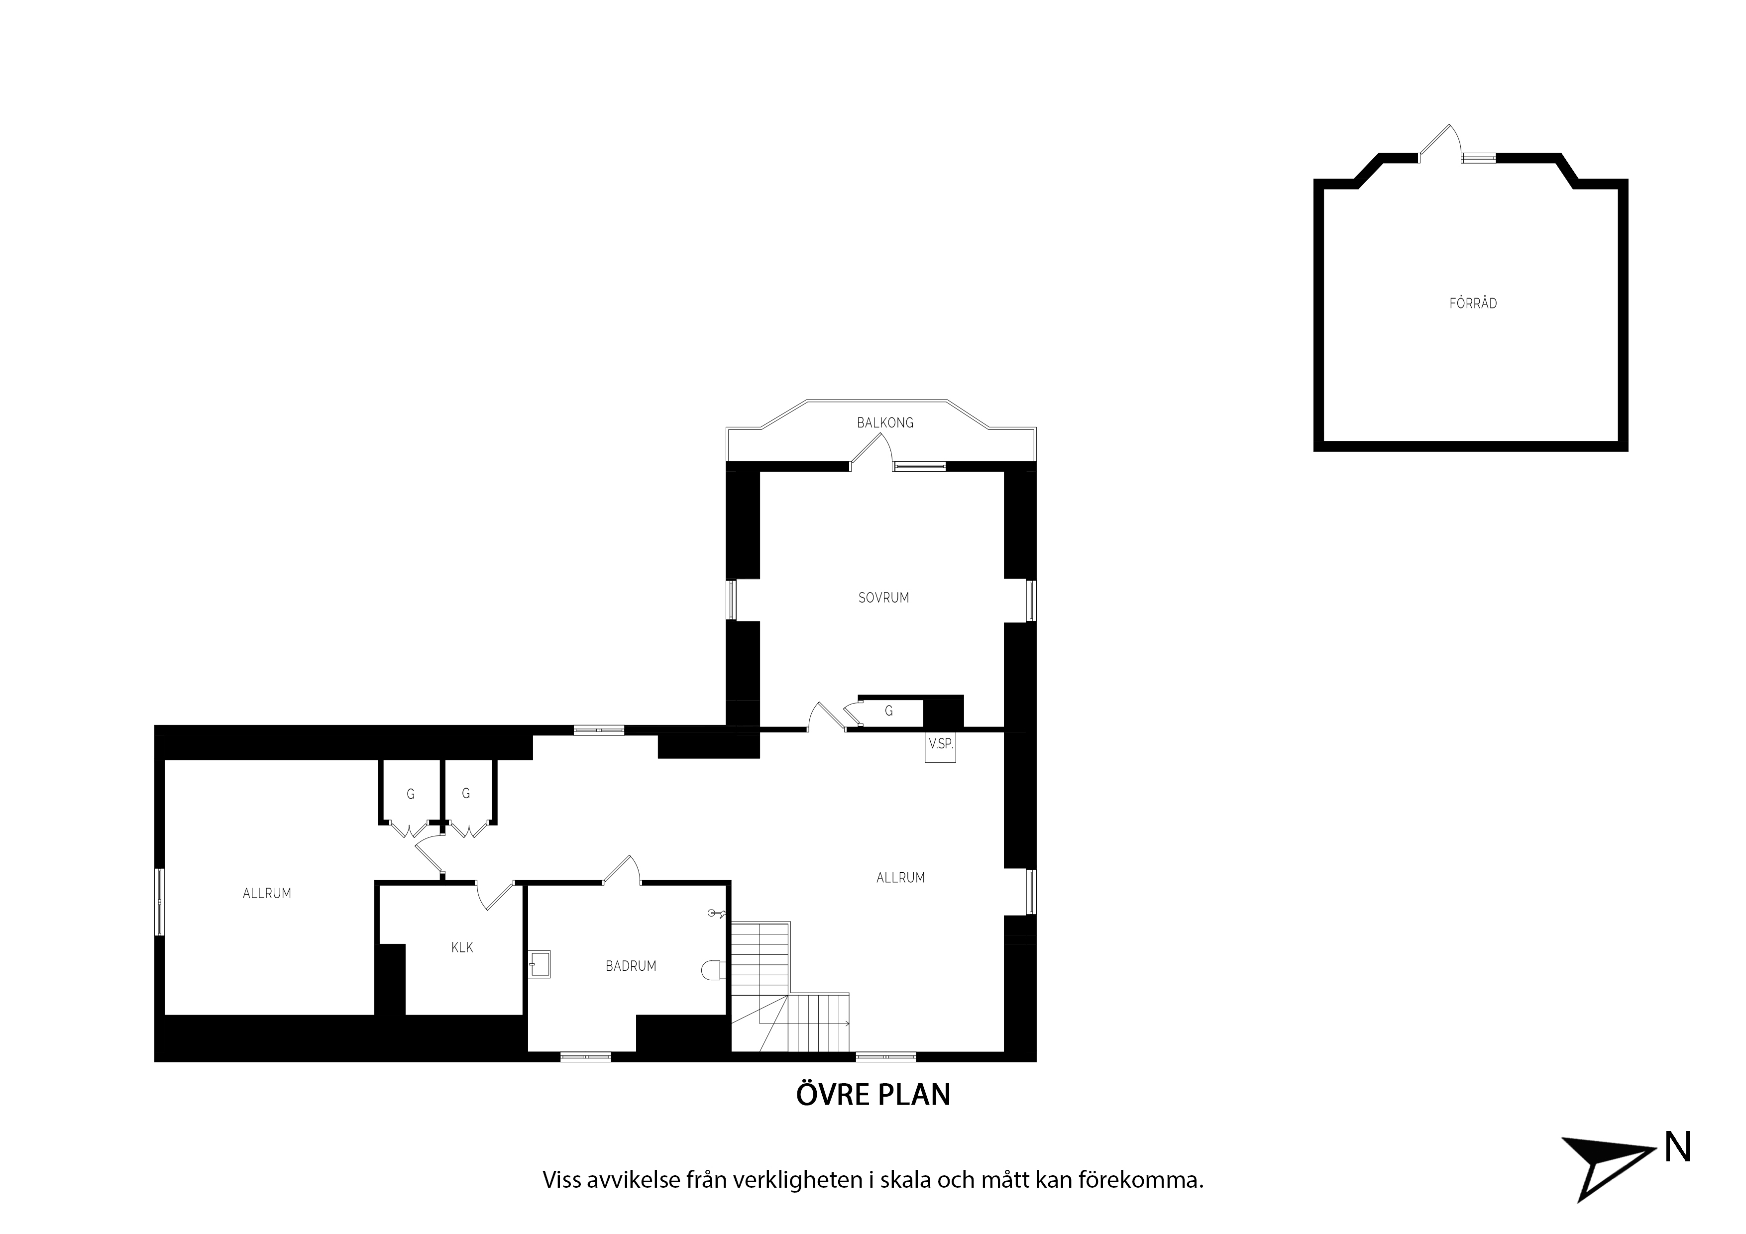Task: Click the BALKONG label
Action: pyautogui.click(x=884, y=423)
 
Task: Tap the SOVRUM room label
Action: pyautogui.click(x=883, y=598)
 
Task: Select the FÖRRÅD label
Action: pyautogui.click(x=1473, y=304)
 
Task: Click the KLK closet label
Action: pyautogui.click(x=462, y=947)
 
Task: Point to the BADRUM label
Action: pyautogui.click(x=631, y=966)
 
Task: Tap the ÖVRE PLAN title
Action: pyautogui.click(x=873, y=1094)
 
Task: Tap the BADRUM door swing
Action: pyautogui.click(x=623, y=869)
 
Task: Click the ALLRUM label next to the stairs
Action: pyautogui.click(x=900, y=877)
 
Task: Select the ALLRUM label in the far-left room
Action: pyautogui.click(x=267, y=893)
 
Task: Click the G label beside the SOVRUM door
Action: pyautogui.click(x=888, y=711)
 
